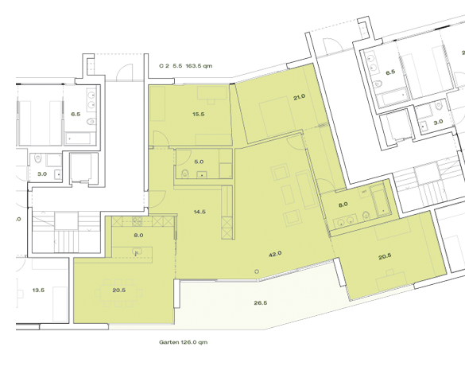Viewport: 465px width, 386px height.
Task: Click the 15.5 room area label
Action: click(198, 115)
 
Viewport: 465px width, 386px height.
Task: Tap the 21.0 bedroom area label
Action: click(299, 97)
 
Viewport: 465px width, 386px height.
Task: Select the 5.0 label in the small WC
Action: click(198, 162)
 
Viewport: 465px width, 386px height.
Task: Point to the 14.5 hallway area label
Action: click(199, 212)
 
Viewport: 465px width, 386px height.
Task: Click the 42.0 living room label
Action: click(276, 254)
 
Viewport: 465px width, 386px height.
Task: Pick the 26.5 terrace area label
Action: click(261, 302)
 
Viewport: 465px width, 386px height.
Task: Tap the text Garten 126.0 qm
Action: click(183, 343)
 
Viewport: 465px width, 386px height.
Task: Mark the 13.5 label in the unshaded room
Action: click(37, 290)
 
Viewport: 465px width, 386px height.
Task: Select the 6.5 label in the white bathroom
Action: click(76, 114)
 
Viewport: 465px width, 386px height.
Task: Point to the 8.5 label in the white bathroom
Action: click(389, 72)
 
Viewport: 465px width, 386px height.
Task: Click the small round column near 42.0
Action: click(258, 271)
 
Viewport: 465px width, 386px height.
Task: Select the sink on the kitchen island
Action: click(138, 252)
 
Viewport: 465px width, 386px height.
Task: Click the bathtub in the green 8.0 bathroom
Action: click(380, 202)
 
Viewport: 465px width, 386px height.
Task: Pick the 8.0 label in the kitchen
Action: click(138, 236)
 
